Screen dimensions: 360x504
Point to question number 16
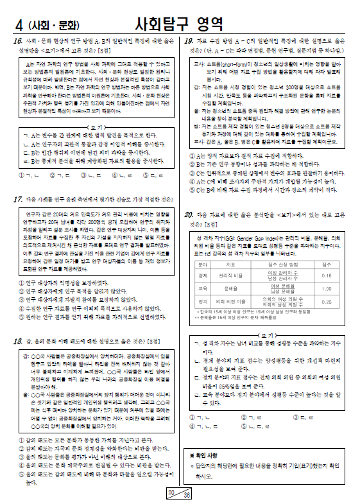coord(17,40)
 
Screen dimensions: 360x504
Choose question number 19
coord(189,40)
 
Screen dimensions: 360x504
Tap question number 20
coord(189,214)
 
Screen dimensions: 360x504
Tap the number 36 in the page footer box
coord(187,495)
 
